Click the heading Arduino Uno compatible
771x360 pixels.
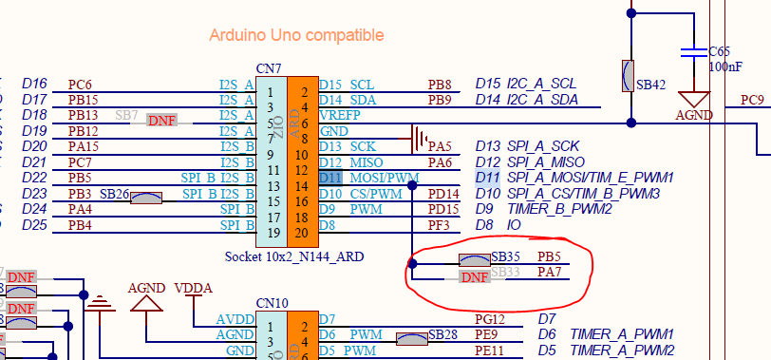[296, 35]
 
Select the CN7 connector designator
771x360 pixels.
[269, 68]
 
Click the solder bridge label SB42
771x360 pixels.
[651, 85]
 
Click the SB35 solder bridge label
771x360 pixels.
[505, 256]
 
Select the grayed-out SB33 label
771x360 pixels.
[506, 273]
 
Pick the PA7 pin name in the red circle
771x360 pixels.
[548, 273]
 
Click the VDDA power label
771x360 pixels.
[194, 290]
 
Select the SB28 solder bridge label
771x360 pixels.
[443, 334]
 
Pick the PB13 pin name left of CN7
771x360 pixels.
[84, 115]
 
